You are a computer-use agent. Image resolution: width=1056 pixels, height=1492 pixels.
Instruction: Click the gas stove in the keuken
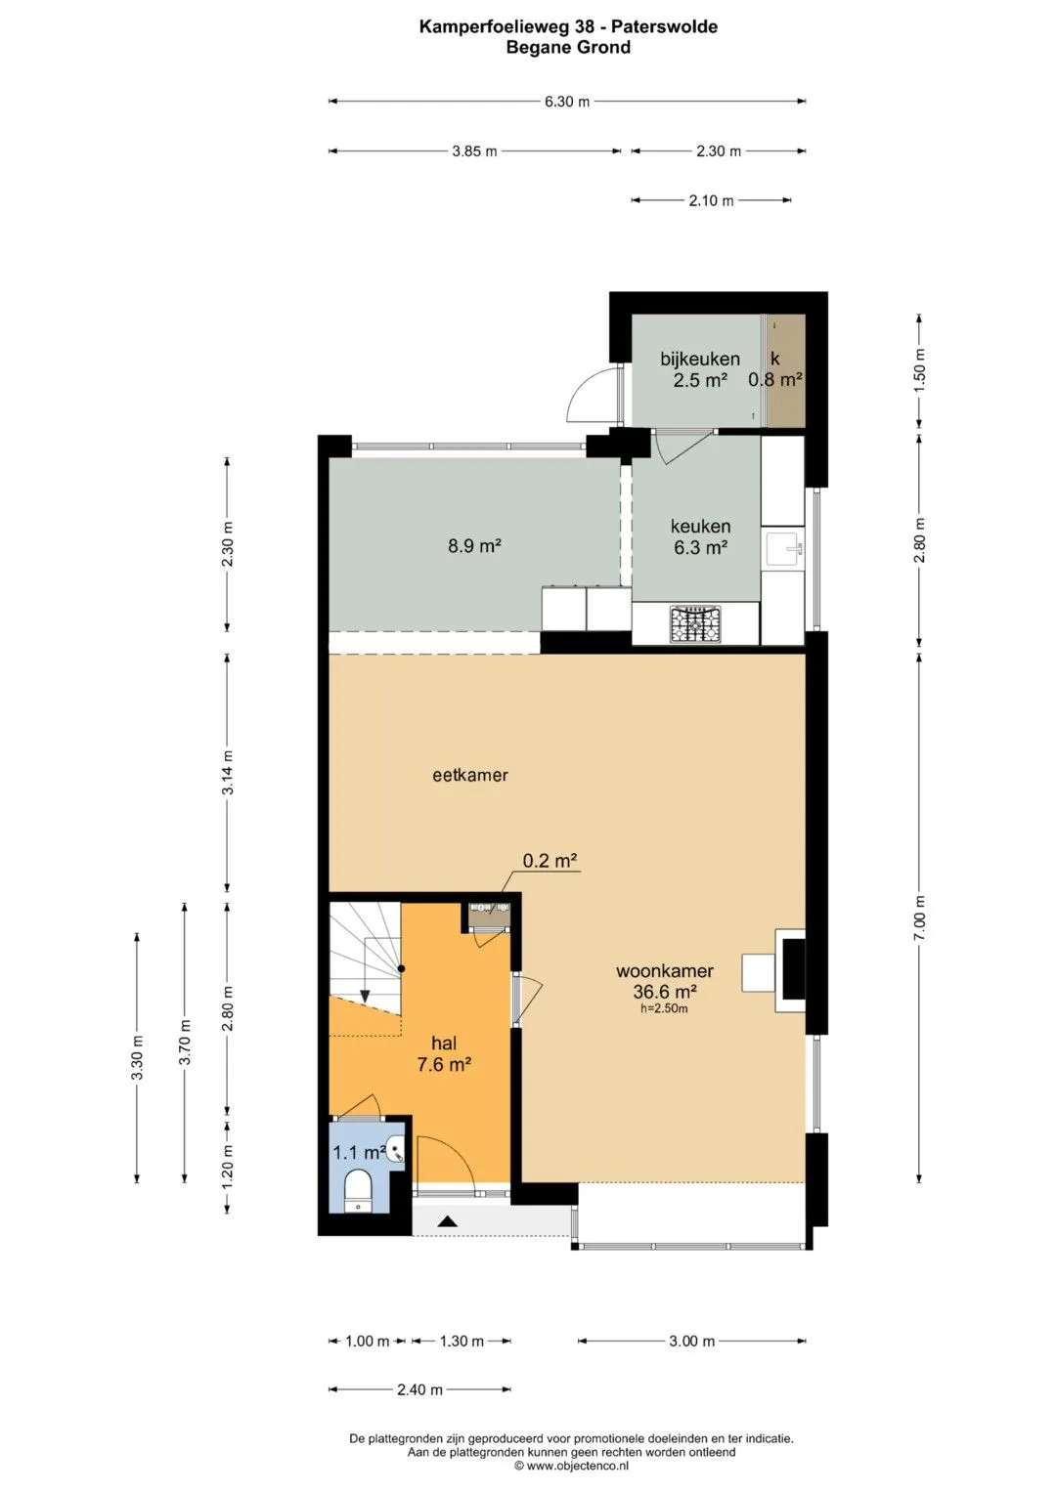695,624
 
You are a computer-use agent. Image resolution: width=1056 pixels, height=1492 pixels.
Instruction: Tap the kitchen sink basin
782,549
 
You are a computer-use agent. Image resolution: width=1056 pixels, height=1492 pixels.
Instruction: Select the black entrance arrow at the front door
448,1221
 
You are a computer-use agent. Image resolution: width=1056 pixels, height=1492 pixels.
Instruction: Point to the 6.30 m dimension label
567,102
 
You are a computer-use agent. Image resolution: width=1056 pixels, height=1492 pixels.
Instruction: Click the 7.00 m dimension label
919,917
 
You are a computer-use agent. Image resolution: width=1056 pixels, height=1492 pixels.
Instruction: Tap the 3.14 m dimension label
228,772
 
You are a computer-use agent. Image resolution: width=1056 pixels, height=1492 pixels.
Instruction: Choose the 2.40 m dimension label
420,1389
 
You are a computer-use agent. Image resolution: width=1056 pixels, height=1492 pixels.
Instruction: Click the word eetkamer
470,775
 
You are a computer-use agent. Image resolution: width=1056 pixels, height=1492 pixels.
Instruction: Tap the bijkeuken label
700,359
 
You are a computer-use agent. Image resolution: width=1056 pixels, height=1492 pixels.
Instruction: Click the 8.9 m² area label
474,546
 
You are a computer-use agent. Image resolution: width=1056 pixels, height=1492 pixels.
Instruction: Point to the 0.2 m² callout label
550,861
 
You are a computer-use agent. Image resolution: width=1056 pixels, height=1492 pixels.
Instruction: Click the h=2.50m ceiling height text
664,1008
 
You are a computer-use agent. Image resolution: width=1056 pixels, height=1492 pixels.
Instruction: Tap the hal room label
444,1044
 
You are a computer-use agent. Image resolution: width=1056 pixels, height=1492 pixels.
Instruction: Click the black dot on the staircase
401,968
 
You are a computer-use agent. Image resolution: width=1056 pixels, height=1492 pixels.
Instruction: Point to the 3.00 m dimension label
692,1341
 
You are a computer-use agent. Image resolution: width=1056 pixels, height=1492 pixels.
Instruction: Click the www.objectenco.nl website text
577,1466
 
